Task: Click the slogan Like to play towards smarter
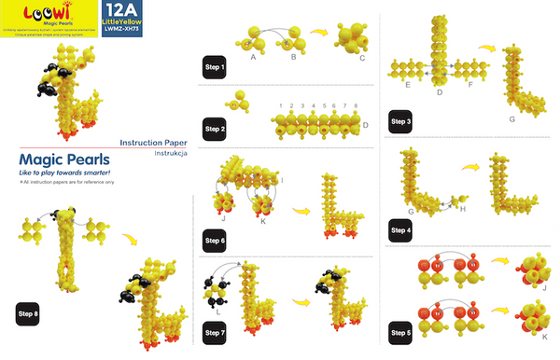pos(65,174)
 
